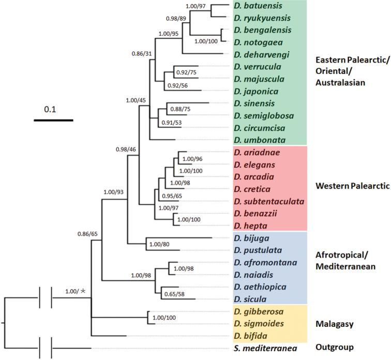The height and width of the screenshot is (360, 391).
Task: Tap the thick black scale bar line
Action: pyautogui.click(x=53, y=120)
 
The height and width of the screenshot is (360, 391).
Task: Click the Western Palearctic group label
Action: pyautogui.click(x=352, y=187)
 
